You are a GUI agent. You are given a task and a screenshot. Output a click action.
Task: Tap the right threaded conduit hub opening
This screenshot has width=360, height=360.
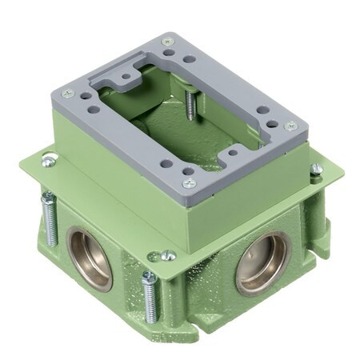pyautogui.click(x=261, y=263)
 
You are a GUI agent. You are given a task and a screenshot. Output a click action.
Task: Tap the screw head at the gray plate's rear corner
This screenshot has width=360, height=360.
pyautogui.click(x=167, y=42)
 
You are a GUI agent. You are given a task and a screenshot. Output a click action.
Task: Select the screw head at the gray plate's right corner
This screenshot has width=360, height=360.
pyautogui.click(x=292, y=126)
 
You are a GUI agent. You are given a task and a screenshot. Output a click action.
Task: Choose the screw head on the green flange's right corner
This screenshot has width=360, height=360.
pyautogui.click(x=317, y=169)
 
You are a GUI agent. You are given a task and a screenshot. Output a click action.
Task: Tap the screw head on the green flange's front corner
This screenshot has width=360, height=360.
pyautogui.click(x=169, y=256)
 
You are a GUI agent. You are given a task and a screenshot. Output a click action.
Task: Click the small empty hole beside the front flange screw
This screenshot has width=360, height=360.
pyautogui.click(x=153, y=257)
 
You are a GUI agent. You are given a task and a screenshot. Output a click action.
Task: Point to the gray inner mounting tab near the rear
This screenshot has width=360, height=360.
pyautogui.click(x=125, y=78)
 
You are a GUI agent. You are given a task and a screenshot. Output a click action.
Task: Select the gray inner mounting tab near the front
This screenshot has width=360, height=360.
pyautogui.click(x=233, y=150)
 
